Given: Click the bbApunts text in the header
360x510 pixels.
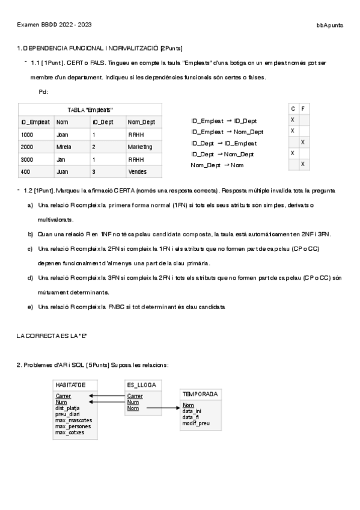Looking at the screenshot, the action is [330, 25].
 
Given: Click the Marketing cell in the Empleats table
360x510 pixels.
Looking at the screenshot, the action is [140, 147].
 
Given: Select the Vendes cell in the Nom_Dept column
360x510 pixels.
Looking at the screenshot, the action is [137, 171].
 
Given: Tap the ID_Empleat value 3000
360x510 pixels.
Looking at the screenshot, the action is [27, 159].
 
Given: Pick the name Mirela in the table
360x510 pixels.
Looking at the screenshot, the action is [64, 147].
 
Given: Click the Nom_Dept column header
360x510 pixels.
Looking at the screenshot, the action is [141, 122].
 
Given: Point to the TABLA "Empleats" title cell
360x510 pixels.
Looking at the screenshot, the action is [90, 110].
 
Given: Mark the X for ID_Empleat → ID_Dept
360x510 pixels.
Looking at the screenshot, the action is [293, 120].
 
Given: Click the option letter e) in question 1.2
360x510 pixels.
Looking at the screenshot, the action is [30, 307].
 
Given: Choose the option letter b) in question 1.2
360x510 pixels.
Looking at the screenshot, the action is [30, 234].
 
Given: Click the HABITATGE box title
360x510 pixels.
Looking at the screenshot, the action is [70, 384].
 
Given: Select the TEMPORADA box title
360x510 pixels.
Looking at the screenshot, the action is [200, 394].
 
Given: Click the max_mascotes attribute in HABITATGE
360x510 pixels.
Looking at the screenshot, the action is [73, 420].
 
